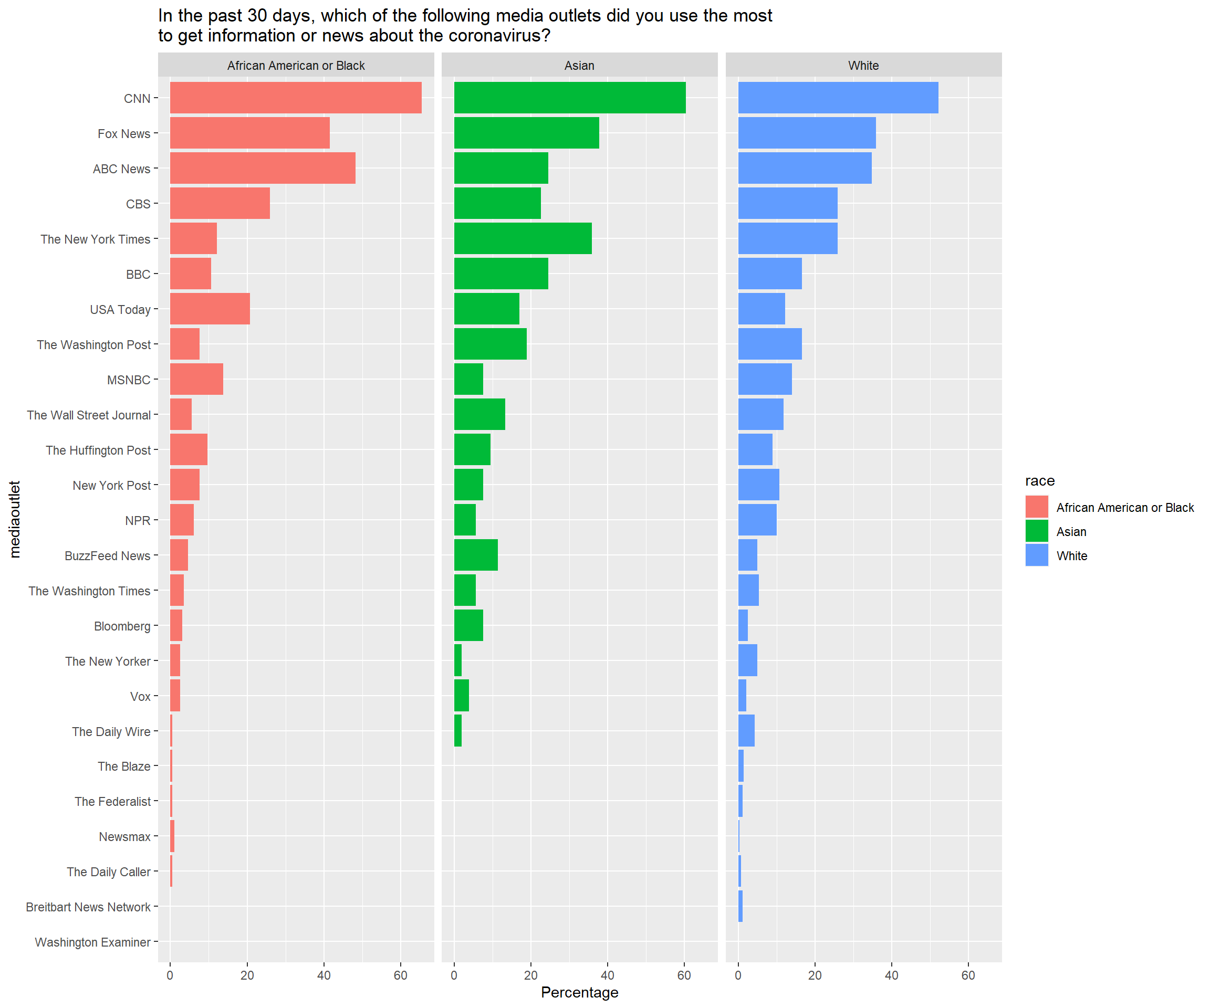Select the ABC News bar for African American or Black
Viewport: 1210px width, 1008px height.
262,167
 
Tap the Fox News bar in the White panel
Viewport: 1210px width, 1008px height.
807,132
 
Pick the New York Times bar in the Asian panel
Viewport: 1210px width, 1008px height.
523,238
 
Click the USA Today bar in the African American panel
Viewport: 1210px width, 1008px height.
210,308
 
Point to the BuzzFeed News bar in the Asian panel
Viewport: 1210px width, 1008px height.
475,555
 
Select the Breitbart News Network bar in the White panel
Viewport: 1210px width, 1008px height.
740,906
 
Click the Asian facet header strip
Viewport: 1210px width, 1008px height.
579,65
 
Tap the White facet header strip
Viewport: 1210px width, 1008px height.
863,65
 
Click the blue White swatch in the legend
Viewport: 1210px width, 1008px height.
1037,555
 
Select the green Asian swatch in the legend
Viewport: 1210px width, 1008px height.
1037,531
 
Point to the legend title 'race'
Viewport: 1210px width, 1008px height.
1039,481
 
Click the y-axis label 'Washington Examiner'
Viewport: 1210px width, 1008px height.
92,942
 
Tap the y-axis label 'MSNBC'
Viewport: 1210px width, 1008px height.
129,380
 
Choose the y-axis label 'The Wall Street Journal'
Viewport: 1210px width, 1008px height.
88,415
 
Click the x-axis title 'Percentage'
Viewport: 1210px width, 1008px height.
579,992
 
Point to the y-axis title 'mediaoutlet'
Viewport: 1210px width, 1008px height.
14,519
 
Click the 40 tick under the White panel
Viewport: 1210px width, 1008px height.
891,975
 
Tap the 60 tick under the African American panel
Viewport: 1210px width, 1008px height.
401,975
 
